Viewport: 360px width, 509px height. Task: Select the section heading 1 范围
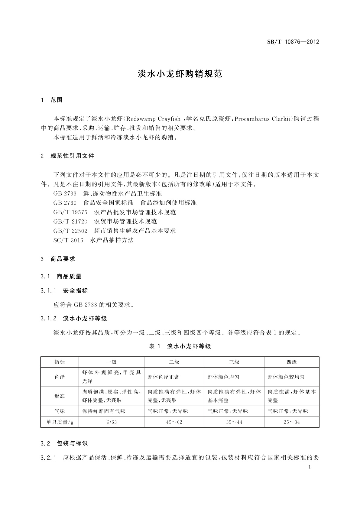pyautogui.click(x=52, y=100)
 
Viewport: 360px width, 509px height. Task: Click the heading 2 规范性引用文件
pyautogui.click(x=67, y=156)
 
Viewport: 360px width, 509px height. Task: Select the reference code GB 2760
pyautogui.click(x=65, y=203)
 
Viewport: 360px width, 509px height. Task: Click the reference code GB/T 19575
pyautogui.click(x=70, y=212)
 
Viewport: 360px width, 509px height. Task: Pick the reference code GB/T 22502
pyautogui.click(x=70, y=231)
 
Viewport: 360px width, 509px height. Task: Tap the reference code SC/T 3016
pyautogui.click(x=68, y=240)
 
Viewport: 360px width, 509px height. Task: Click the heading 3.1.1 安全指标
pyautogui.click(x=64, y=291)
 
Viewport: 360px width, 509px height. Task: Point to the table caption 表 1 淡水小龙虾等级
pyautogui.click(x=180, y=346)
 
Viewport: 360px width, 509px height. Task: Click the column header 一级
pyautogui.click(x=111, y=362)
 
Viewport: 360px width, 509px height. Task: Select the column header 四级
pyautogui.click(x=291, y=362)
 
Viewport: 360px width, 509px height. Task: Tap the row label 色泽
pyautogui.click(x=60, y=377)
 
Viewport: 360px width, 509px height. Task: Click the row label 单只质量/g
pyautogui.click(x=60, y=422)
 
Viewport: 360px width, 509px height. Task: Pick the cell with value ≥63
pyautogui.click(x=111, y=422)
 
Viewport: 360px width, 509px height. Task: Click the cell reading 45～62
pyautogui.click(x=174, y=422)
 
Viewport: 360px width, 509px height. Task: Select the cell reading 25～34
pyautogui.click(x=291, y=422)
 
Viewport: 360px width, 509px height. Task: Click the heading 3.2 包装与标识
pyautogui.click(x=64, y=444)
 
